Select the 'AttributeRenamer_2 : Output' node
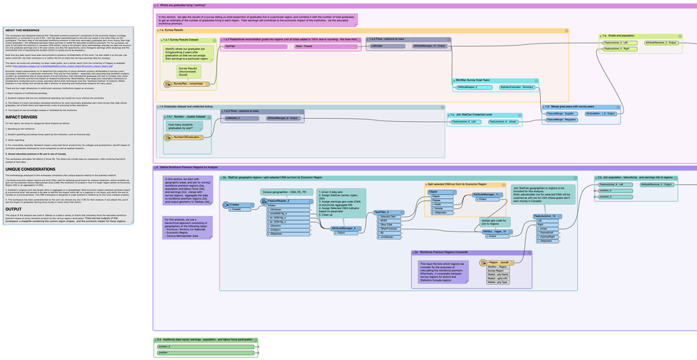coord(661,43)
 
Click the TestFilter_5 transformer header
coord(385,212)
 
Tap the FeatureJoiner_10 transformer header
coord(545,216)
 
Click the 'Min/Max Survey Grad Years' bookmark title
coord(477,79)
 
